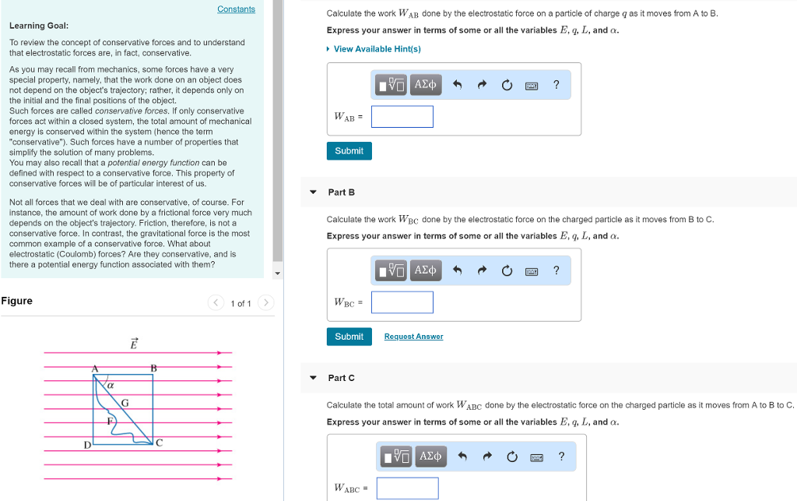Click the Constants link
point(236,9)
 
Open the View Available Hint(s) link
point(377,49)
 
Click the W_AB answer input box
point(402,116)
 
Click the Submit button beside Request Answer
point(349,336)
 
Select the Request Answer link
point(413,337)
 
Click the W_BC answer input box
point(402,302)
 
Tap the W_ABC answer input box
point(407,488)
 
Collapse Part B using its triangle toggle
point(313,192)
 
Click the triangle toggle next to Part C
point(313,378)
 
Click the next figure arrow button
point(266,302)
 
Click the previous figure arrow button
point(216,302)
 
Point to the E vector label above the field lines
point(134,344)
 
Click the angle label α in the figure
point(111,386)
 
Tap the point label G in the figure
point(125,403)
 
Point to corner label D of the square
point(87,445)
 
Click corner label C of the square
point(159,443)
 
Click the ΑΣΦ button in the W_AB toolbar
point(426,84)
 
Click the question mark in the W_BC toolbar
point(556,270)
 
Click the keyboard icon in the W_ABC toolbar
point(537,457)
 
